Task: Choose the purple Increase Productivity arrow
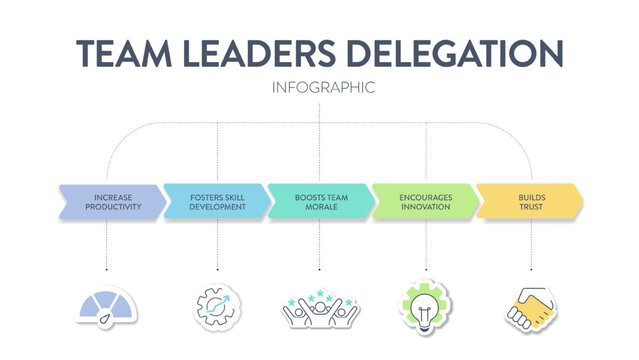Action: (111, 202)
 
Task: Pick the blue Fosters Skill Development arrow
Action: (216, 202)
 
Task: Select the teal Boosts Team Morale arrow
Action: (320, 202)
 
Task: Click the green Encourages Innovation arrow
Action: (424, 202)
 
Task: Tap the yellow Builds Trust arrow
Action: (529, 202)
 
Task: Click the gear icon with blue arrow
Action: (217, 306)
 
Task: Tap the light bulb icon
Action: (425, 306)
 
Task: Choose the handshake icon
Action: (531, 307)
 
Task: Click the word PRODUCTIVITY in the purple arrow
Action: (113, 207)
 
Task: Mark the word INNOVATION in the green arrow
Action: (426, 207)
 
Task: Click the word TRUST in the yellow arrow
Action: (530, 207)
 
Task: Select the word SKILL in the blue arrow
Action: (233, 197)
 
